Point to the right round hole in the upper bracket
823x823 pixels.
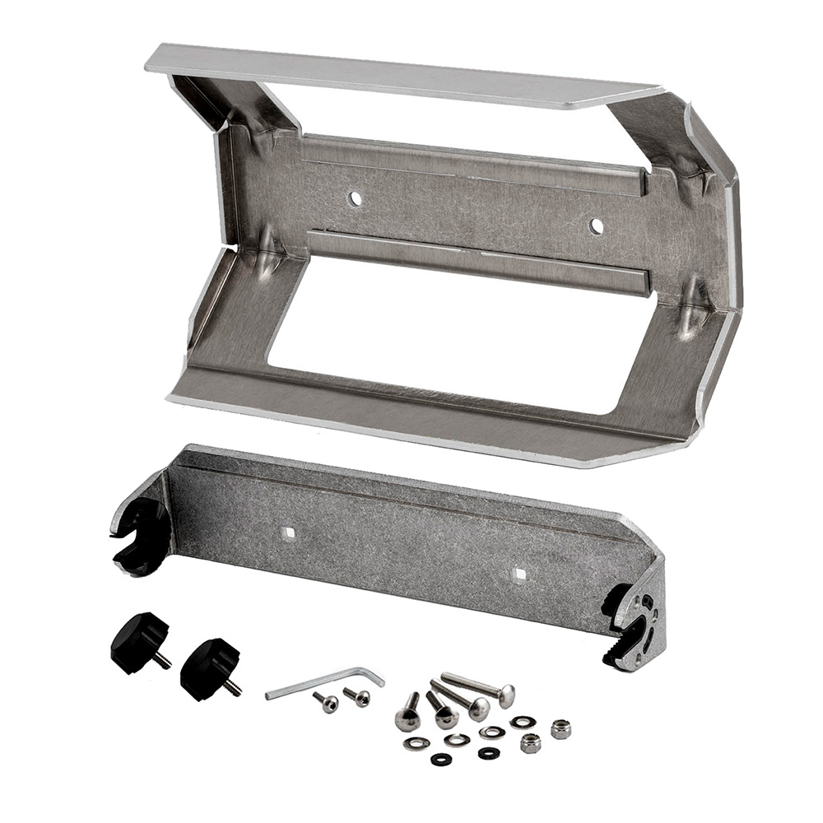click(596, 226)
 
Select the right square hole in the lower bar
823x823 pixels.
click(518, 574)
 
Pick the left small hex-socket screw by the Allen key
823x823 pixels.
click(326, 702)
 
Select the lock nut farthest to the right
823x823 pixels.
click(561, 729)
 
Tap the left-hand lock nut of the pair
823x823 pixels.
click(531, 743)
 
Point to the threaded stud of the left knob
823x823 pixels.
click(164, 659)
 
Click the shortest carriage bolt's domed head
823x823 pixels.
click(407, 720)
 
